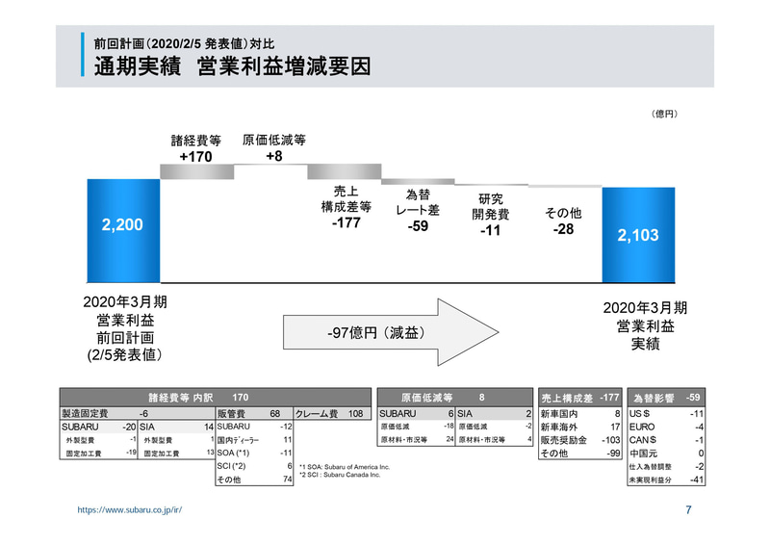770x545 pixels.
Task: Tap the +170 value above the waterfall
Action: (x=195, y=156)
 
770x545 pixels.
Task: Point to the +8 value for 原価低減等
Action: (x=273, y=156)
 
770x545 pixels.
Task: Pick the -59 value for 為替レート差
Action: (x=418, y=226)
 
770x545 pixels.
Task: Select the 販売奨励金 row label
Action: (x=563, y=438)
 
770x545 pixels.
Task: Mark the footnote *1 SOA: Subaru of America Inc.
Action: (x=346, y=466)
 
